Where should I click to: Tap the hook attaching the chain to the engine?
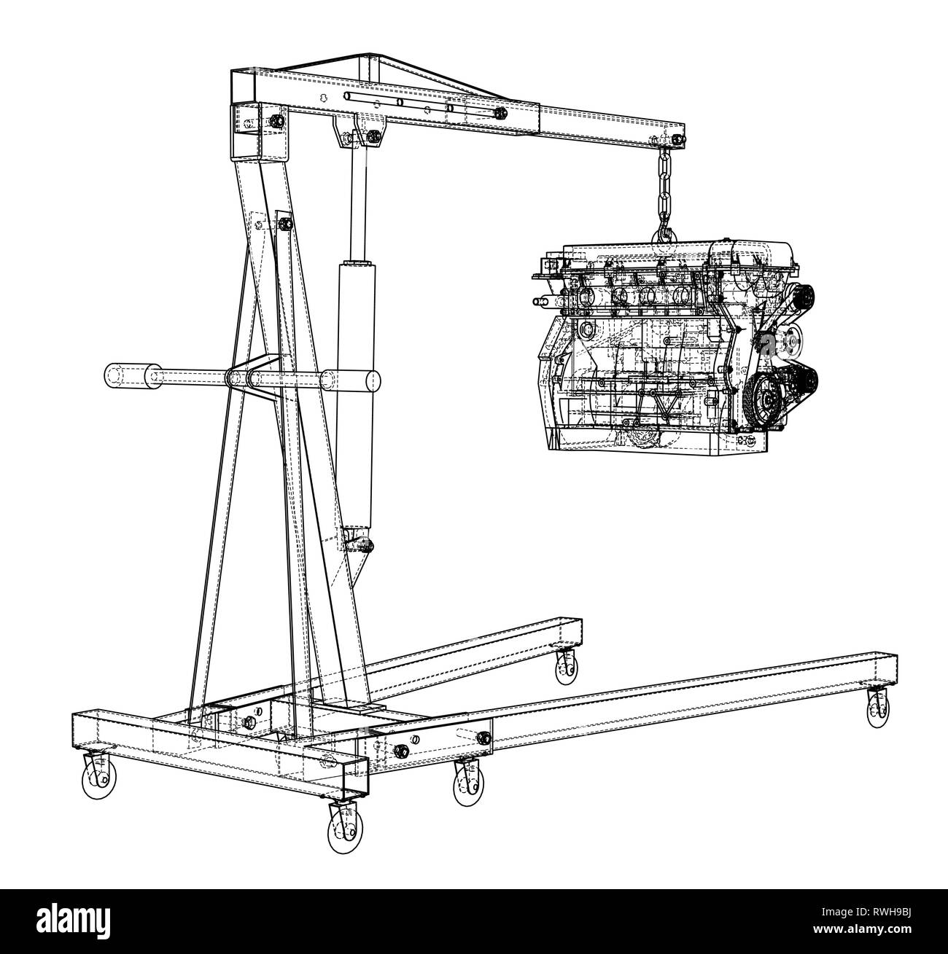pyautogui.click(x=664, y=233)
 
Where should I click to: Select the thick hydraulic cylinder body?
pyautogui.click(x=355, y=394)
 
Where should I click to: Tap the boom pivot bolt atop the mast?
pyautogui.click(x=277, y=121)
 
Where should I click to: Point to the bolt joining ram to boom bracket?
pyautogui.click(x=373, y=136)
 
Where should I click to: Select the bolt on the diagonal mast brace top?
pyautogui.click(x=284, y=224)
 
